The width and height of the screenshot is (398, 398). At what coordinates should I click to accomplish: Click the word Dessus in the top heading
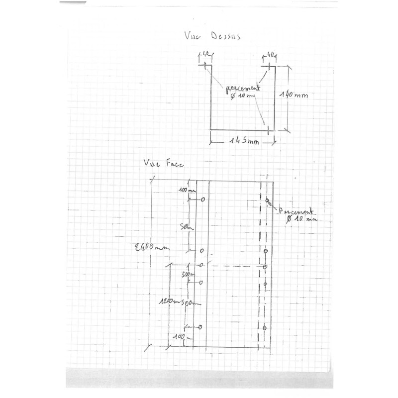click(225, 36)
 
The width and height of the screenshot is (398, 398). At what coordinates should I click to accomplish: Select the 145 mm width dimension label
click(244, 141)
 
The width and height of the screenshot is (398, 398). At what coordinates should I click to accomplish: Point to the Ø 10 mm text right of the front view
click(301, 218)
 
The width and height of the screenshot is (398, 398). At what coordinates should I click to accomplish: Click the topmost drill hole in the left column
click(202, 200)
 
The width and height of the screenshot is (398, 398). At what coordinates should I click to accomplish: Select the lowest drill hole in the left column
click(200, 327)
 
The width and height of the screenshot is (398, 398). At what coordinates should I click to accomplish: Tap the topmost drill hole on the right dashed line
click(267, 200)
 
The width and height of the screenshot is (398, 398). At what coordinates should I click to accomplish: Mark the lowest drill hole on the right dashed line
click(265, 328)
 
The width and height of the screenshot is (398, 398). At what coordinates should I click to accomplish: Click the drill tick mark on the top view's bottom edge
click(269, 129)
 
